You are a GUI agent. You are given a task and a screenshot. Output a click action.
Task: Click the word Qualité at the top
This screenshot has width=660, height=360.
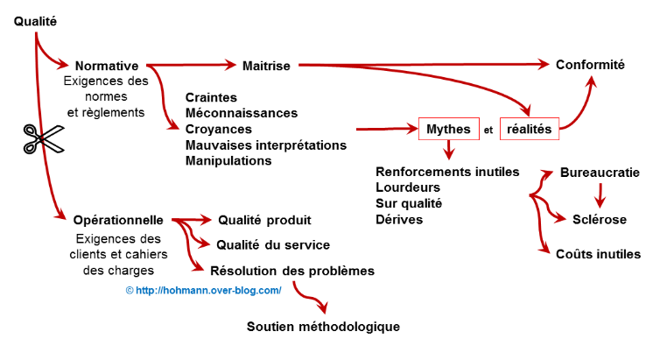click(x=36, y=20)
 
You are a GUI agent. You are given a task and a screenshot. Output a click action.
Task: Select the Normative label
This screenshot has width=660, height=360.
click(x=107, y=66)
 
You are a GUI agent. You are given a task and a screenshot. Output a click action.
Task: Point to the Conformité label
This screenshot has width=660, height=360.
click(x=591, y=64)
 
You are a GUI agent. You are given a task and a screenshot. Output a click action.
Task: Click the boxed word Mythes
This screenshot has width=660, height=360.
click(x=448, y=130)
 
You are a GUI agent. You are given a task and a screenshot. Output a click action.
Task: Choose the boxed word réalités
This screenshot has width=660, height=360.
click(x=530, y=130)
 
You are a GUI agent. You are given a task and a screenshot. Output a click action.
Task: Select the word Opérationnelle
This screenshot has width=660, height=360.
click(x=118, y=221)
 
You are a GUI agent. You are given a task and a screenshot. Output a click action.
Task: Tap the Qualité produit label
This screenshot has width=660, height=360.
click(x=264, y=220)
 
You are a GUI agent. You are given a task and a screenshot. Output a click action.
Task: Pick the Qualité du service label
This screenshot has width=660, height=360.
click(x=274, y=245)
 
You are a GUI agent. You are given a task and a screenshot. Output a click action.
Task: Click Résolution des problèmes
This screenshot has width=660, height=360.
click(x=292, y=271)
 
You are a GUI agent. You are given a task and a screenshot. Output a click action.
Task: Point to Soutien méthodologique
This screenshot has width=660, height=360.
click(x=324, y=327)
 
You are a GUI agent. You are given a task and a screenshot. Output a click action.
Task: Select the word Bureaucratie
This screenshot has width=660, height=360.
click(x=600, y=173)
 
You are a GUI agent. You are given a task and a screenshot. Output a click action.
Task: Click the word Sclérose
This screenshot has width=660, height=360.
click(x=600, y=219)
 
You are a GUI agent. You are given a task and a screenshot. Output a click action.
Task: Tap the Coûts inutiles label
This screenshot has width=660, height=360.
click(x=599, y=254)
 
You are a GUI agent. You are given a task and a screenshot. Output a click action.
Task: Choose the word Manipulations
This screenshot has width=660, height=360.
click(x=228, y=160)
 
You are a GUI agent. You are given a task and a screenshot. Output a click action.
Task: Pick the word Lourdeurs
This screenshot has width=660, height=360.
click(x=407, y=187)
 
